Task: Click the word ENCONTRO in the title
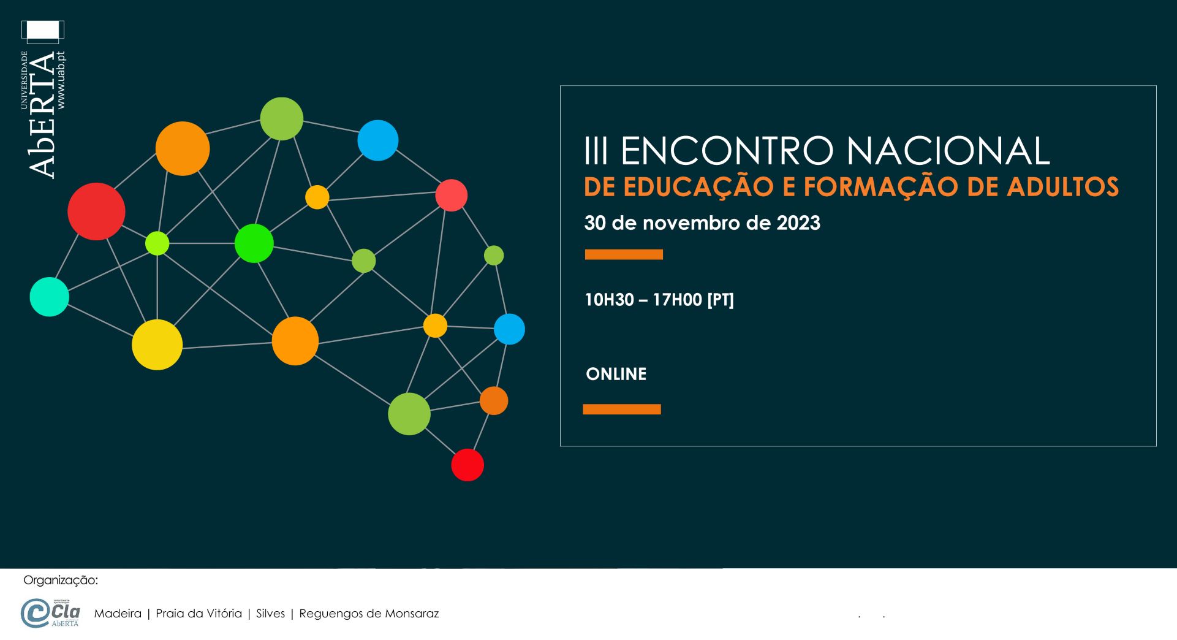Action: [x=727, y=151]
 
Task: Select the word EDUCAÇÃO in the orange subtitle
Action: [x=698, y=186]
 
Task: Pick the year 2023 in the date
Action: [x=798, y=223]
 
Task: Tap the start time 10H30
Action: [x=609, y=300]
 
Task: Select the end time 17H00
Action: [x=677, y=300]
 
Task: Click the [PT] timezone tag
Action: [x=721, y=300]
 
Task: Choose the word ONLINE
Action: [x=616, y=374]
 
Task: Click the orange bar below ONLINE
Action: [x=622, y=410]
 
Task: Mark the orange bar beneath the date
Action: [x=624, y=254]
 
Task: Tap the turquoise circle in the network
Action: [x=50, y=297]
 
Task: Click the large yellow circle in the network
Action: [x=157, y=345]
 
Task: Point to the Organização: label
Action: [x=61, y=581]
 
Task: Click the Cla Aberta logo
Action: [x=50, y=613]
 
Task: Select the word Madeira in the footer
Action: [x=118, y=614]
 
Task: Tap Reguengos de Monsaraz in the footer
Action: [x=369, y=614]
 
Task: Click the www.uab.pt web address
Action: [x=61, y=80]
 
